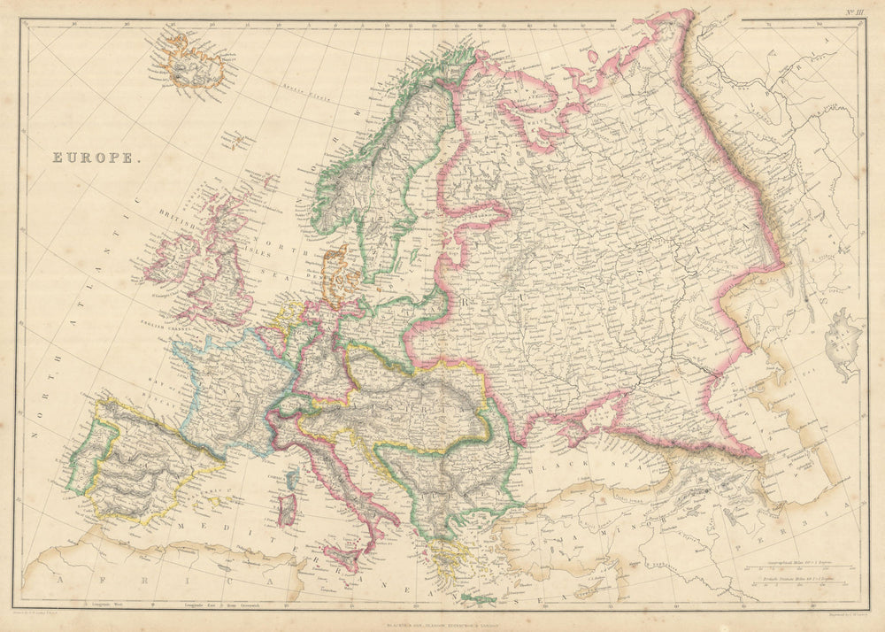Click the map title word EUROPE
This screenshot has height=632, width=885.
point(95,158)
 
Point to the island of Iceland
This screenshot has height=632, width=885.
point(192,62)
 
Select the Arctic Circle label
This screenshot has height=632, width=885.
point(304,91)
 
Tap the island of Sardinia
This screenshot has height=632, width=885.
point(286,510)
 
